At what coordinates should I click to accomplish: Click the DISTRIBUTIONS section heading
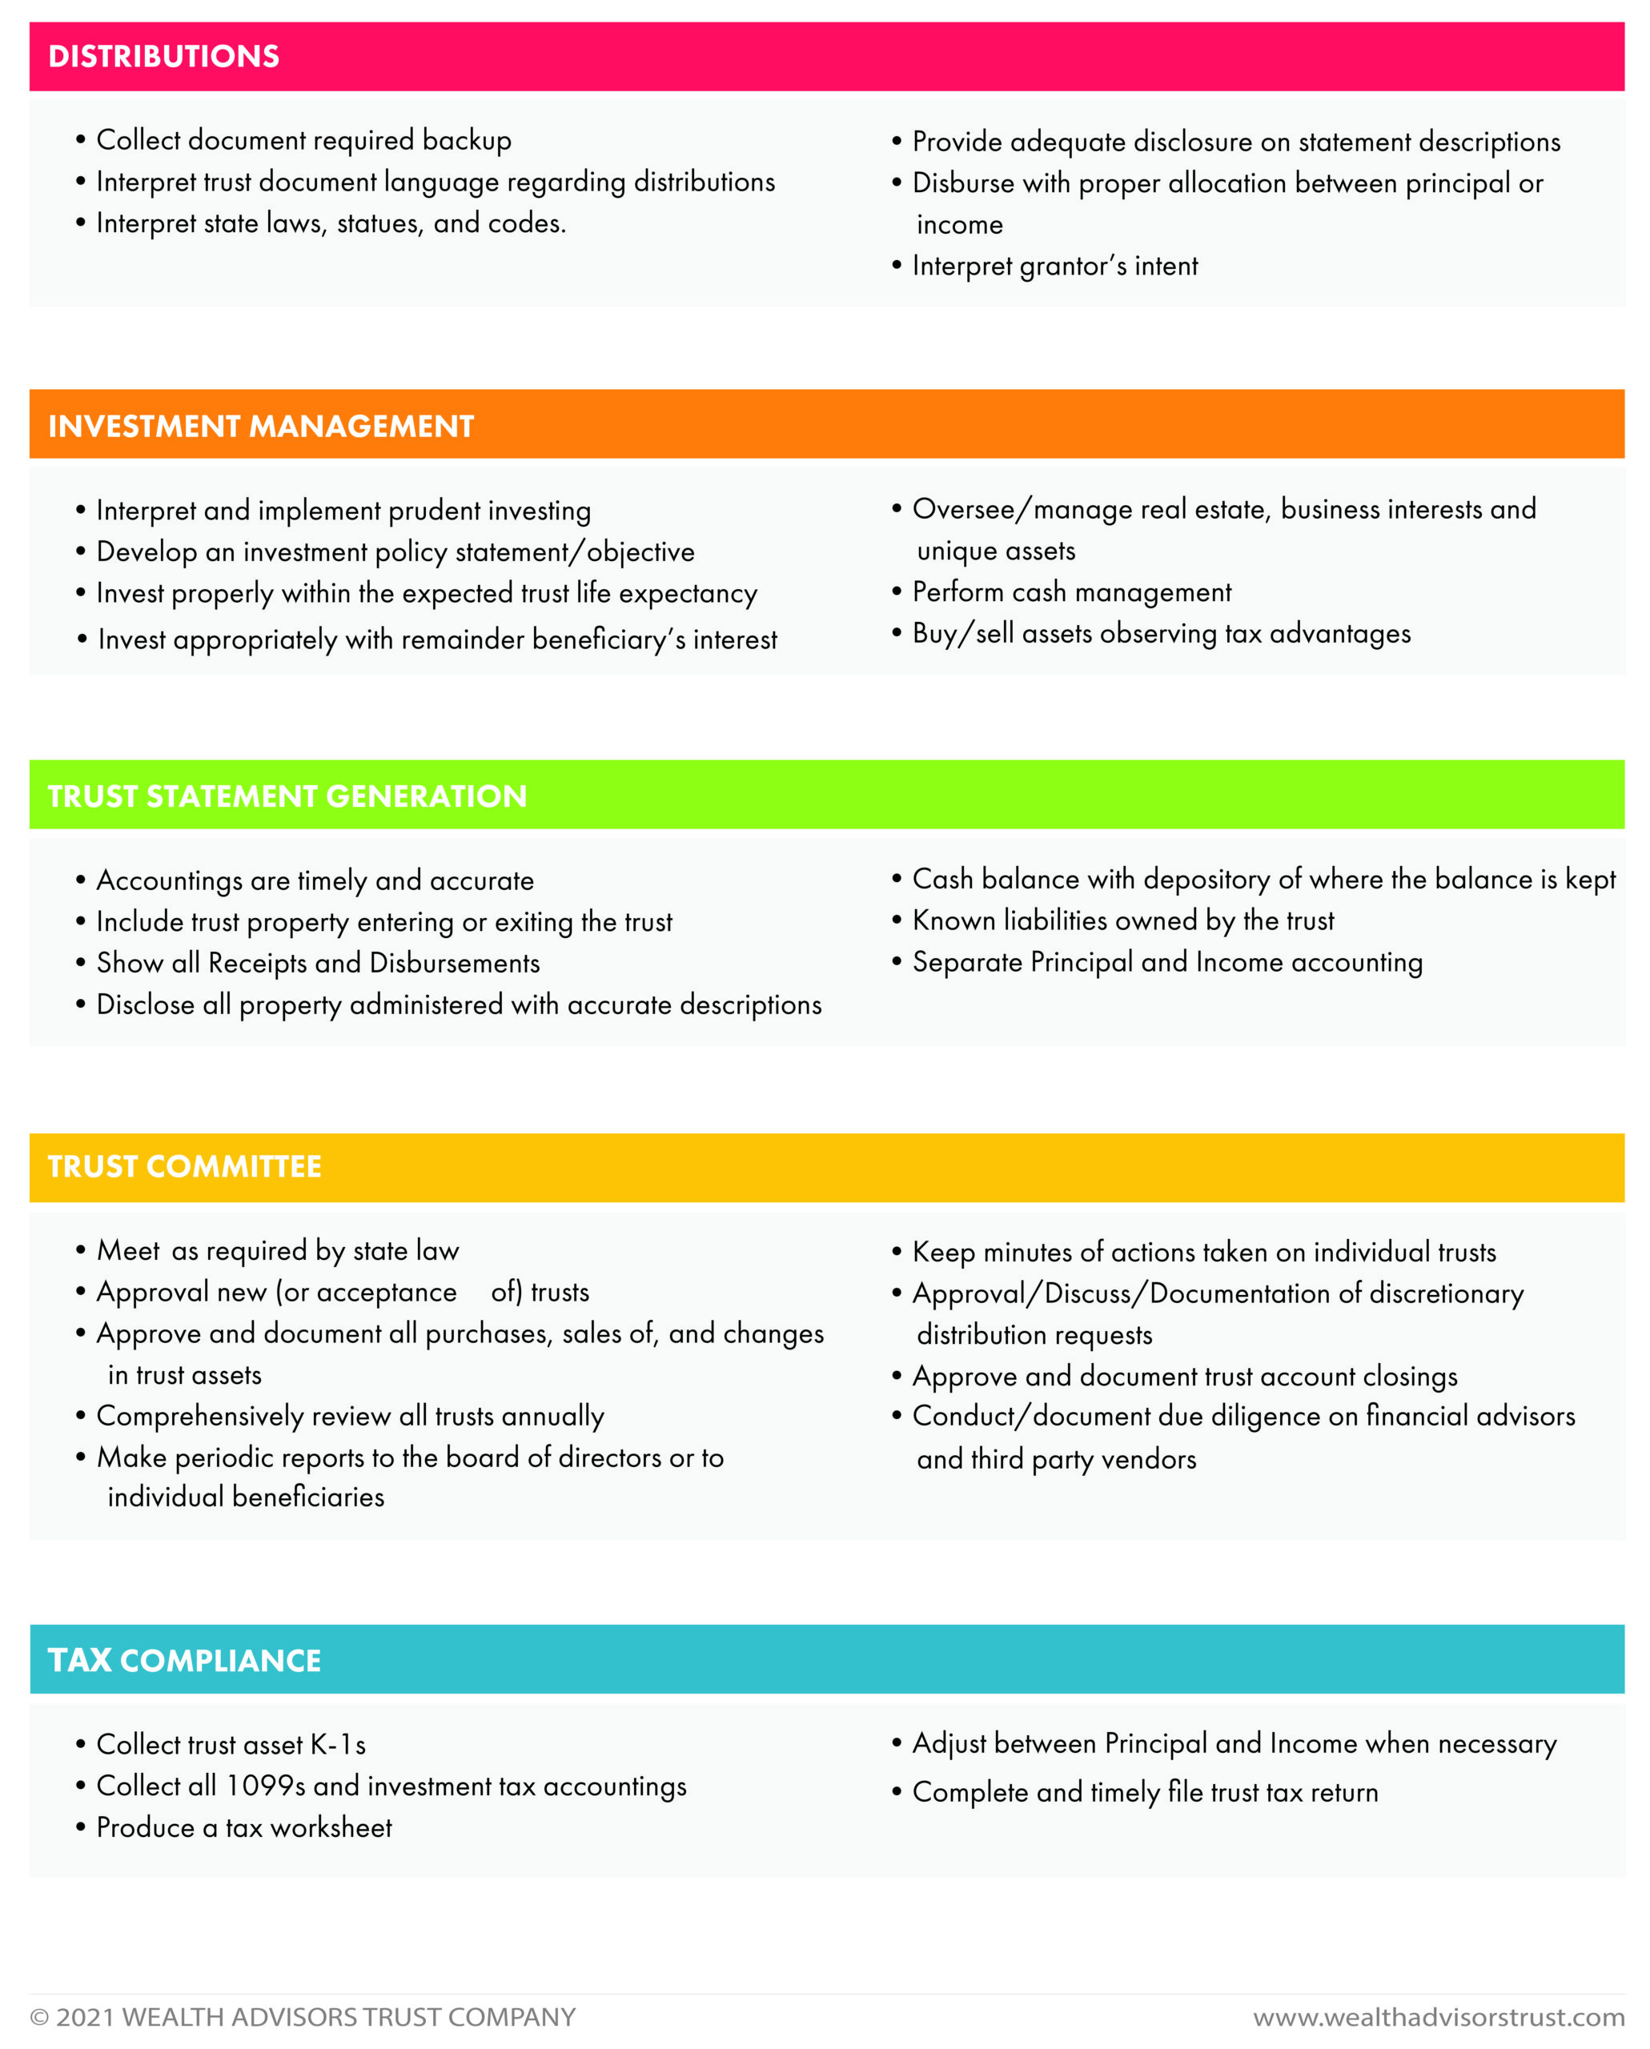[x=163, y=57]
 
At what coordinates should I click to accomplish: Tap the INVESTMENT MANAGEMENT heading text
[x=260, y=426]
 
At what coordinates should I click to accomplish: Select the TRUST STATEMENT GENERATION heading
[x=287, y=796]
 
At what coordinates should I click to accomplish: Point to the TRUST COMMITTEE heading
[x=184, y=1166]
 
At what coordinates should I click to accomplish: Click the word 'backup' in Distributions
[x=467, y=140]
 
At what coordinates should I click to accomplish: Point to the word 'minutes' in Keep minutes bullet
[x=1027, y=1252]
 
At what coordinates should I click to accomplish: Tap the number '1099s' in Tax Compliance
[x=265, y=1786]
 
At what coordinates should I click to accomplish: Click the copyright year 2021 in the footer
[x=86, y=2017]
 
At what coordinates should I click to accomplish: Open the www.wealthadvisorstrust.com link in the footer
[x=1438, y=2017]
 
